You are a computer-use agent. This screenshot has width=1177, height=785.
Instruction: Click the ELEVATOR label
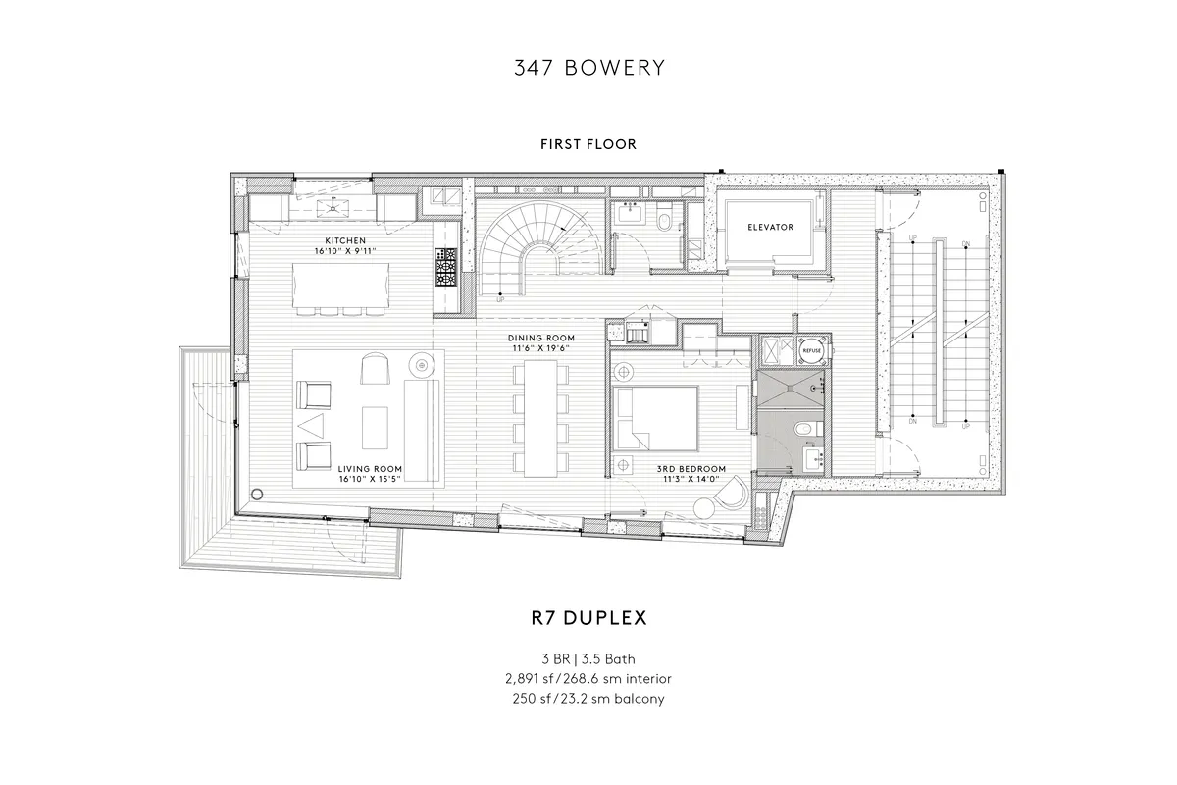tap(770, 227)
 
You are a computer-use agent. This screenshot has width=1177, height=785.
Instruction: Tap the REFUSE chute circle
tap(812, 348)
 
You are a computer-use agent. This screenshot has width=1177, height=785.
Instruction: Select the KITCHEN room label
tap(345, 240)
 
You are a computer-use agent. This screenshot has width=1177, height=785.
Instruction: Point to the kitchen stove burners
tap(446, 266)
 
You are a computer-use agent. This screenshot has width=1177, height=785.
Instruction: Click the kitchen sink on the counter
tap(339, 205)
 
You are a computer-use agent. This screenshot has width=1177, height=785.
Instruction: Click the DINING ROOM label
tap(541, 338)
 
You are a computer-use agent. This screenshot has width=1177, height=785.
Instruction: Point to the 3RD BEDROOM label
tap(691, 469)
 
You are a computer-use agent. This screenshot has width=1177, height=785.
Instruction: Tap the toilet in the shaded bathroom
tap(802, 428)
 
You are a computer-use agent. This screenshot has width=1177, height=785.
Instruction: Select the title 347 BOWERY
tap(588, 68)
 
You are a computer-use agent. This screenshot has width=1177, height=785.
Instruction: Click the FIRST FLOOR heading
tap(588, 144)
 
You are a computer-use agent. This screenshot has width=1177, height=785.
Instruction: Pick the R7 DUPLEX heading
tap(588, 619)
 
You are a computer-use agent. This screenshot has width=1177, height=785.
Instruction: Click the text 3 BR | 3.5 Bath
tap(588, 658)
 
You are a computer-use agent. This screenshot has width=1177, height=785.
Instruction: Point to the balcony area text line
tap(588, 698)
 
